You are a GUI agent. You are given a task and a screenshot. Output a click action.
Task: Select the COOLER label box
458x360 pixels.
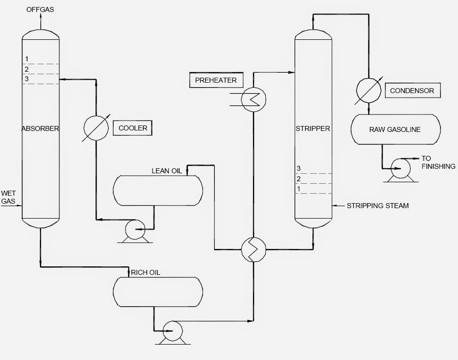click(133, 128)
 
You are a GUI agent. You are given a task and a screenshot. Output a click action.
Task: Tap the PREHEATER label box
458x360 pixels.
click(213, 80)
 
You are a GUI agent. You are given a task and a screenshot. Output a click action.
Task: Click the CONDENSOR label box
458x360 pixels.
click(412, 91)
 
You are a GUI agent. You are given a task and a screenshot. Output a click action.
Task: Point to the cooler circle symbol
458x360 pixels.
click(95, 128)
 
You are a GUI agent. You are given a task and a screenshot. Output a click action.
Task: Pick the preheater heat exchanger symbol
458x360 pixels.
click(253, 100)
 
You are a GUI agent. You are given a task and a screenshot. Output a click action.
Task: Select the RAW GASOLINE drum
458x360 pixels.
click(395, 129)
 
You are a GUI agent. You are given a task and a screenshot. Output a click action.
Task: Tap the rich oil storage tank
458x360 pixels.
click(157, 291)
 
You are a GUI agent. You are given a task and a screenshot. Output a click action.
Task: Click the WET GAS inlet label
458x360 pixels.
click(8, 197)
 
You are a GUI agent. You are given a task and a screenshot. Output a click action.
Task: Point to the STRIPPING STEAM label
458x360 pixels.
click(378, 206)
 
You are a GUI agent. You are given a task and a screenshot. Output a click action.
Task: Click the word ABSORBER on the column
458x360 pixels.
click(40, 128)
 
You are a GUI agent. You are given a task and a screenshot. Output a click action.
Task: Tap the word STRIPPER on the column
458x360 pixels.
click(312, 128)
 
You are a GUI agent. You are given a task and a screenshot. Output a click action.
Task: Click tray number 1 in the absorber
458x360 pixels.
click(26, 60)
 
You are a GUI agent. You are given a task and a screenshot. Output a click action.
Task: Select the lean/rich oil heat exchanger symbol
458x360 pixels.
click(253, 248)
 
